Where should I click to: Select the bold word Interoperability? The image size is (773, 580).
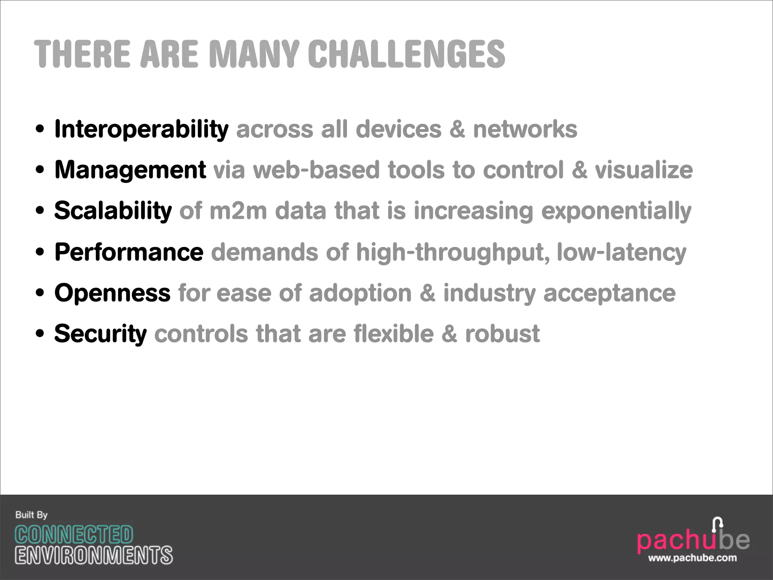(142, 130)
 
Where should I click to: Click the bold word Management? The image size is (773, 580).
(130, 170)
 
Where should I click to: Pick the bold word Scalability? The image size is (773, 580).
(113, 211)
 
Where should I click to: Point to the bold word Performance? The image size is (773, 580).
(129, 252)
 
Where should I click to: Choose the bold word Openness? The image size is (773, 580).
(112, 293)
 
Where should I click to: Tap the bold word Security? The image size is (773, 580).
(100, 334)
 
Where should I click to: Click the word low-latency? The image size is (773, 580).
(621, 252)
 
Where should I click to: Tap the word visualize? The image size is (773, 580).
(644, 170)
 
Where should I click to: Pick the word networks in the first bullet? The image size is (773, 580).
(525, 130)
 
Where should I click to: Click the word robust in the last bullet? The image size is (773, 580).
(502, 334)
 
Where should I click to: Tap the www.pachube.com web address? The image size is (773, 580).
(692, 558)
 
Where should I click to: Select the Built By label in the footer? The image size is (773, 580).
(31, 515)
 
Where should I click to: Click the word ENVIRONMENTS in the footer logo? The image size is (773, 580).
(94, 555)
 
